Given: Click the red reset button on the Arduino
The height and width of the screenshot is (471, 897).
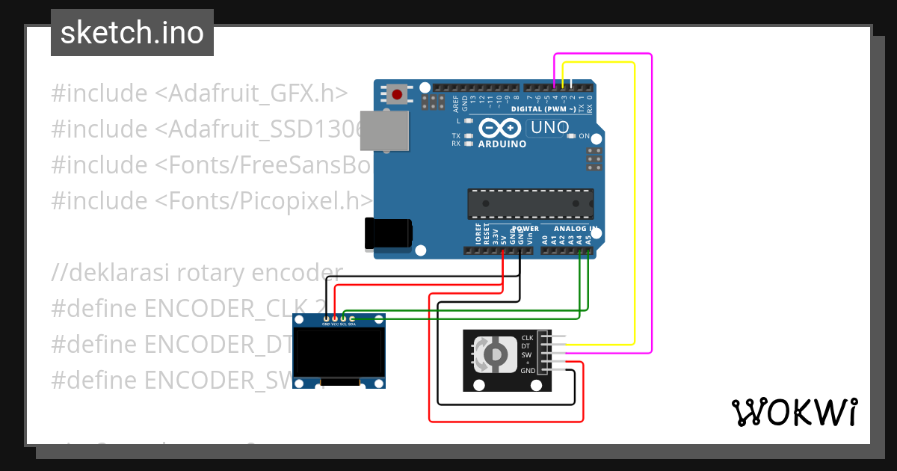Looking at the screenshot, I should pos(398,95).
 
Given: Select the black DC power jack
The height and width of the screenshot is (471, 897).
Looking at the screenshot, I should pos(386,233).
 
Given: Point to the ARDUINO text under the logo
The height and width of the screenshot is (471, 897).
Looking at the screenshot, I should pos(502,144).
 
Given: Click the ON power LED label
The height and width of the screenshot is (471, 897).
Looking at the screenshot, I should pos(585,137).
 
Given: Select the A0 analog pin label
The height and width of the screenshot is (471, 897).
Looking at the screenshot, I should pos(545,240).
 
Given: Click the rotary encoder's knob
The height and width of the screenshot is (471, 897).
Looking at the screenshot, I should pos(496,354).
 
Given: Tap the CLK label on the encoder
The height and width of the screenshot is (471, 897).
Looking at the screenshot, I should pos(527,338).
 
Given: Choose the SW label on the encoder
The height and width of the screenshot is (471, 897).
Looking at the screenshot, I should pos(527,354).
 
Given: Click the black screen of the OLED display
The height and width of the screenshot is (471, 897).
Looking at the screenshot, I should pos(339,354).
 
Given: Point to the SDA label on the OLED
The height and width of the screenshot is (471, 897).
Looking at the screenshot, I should pos(352,324).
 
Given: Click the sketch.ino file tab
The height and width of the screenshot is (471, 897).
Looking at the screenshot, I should pos(132,33).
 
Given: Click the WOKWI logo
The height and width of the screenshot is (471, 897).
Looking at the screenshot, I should pos(794,413).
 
